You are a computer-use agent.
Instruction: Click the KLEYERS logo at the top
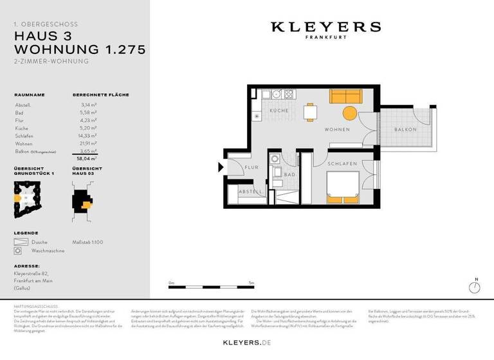tap(325, 28)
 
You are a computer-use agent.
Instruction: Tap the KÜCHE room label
tap(279, 111)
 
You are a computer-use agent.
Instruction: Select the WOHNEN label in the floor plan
tap(337, 130)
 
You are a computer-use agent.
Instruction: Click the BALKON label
tap(405, 130)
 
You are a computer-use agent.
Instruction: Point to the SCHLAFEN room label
tap(342, 164)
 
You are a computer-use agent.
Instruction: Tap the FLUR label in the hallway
tap(251, 167)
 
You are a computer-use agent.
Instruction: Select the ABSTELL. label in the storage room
tap(250, 192)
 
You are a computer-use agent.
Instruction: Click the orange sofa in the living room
tap(346, 96)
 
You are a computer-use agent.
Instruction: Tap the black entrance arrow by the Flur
tap(222, 168)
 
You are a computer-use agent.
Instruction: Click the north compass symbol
tap(475, 286)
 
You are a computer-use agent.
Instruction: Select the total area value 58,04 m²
tap(87, 157)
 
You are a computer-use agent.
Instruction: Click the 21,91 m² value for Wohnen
tap(88, 143)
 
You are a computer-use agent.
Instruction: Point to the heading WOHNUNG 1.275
tap(80, 49)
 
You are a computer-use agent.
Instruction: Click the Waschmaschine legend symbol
tap(19, 251)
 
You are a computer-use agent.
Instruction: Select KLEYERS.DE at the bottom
tap(246, 343)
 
